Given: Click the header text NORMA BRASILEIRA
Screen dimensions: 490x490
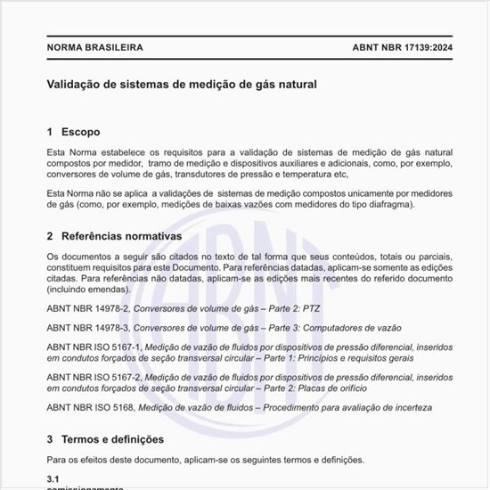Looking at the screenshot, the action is point(94,47).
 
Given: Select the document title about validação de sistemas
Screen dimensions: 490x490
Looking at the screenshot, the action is point(182,85).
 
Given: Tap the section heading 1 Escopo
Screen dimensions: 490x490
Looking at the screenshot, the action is point(80,132).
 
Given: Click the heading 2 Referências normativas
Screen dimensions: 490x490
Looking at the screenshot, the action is point(114,237).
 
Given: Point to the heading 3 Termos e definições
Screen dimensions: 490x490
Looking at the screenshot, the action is point(105,439).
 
